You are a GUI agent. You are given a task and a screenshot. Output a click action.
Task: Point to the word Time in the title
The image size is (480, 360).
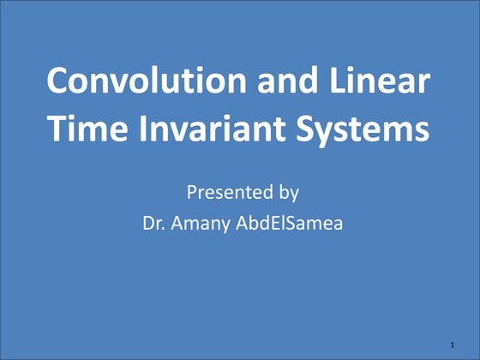87,129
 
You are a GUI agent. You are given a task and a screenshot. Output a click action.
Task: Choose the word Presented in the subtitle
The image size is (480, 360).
225,191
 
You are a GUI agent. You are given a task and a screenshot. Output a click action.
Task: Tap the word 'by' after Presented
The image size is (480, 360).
285,193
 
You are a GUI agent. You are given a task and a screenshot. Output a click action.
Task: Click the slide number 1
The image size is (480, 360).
451,344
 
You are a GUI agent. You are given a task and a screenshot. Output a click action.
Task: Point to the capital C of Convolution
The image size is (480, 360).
58,81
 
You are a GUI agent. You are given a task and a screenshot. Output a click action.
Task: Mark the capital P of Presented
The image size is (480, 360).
191,191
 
